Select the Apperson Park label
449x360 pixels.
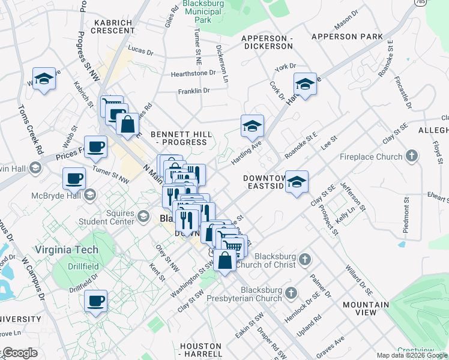[347, 37]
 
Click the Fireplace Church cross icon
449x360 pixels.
[411, 157]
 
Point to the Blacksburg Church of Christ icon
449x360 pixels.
[305, 260]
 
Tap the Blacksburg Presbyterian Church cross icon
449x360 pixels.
[291, 293]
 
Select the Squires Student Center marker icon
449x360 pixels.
[143, 216]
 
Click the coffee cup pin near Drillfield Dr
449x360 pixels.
[95, 299]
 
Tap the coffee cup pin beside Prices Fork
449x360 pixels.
[95, 146]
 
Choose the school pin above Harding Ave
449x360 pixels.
[253, 125]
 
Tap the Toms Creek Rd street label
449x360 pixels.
[29, 128]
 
